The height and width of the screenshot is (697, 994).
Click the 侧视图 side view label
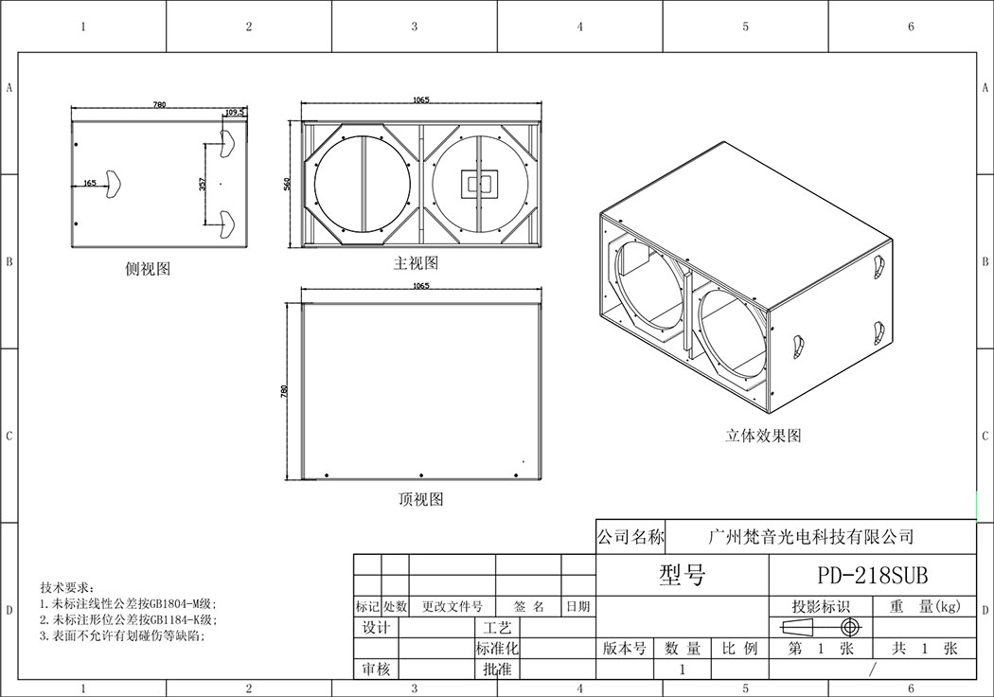coord(148,269)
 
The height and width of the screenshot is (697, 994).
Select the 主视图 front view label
coord(416,262)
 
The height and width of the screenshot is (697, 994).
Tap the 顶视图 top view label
coord(420,499)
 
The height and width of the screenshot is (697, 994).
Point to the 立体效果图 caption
coord(763,436)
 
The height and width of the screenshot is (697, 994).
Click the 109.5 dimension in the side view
coord(235,112)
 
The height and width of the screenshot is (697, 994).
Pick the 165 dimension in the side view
coord(90,183)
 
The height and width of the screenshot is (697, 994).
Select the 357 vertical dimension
coord(202,185)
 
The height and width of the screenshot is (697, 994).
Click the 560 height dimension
coord(287,184)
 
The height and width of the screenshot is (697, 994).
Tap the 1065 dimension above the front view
coord(421,99)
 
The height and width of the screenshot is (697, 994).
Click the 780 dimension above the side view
coord(159,104)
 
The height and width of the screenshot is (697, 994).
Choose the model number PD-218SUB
coord(872,576)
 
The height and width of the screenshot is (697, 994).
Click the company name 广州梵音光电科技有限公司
coord(811,537)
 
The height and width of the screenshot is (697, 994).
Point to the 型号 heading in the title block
coord(682,575)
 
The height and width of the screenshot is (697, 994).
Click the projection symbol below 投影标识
coord(820,628)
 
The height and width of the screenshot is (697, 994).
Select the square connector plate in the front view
coord(478,184)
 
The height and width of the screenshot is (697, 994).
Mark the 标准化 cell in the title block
coord(497,649)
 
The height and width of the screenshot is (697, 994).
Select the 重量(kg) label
coord(925,607)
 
